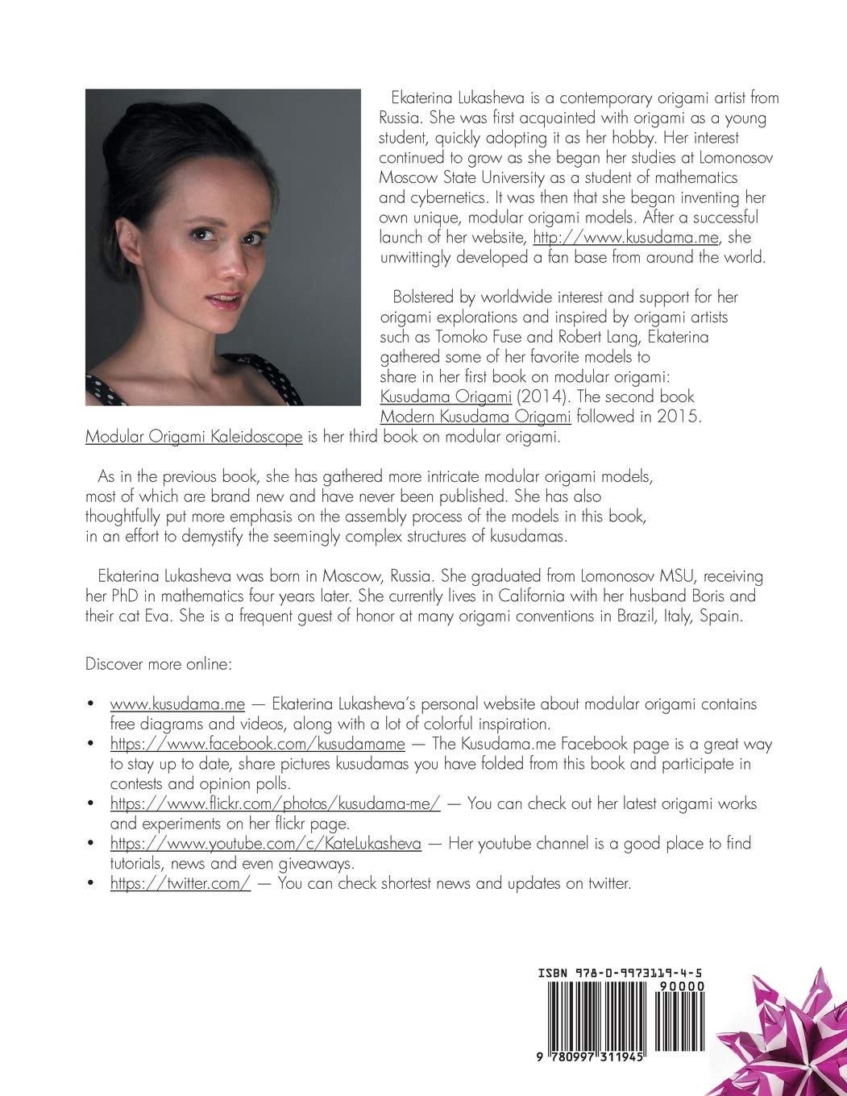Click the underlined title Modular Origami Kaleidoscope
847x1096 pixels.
coord(193,437)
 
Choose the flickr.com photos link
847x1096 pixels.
coord(276,803)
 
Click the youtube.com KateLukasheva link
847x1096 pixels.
coord(266,844)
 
